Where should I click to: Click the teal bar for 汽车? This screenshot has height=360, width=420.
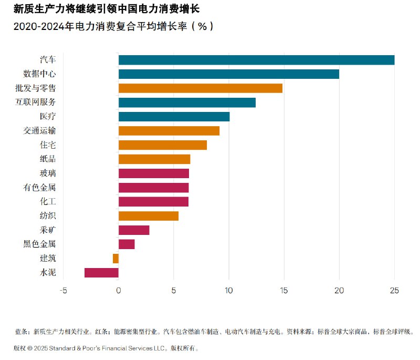(256, 60)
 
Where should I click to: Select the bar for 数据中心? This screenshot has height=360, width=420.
(228, 74)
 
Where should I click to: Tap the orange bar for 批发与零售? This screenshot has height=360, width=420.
(200, 88)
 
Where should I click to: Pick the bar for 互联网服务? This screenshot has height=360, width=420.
(187, 102)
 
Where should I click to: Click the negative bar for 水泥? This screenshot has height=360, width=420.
(101, 272)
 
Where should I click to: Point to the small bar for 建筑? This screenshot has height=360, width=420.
(115, 258)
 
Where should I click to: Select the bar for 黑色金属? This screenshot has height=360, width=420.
(127, 244)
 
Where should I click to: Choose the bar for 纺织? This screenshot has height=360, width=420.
(149, 215)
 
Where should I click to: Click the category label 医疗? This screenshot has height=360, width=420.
(48, 117)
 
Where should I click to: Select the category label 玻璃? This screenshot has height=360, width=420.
(48, 173)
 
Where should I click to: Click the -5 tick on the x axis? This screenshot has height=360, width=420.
(63, 291)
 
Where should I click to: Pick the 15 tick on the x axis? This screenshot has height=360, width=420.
(284, 291)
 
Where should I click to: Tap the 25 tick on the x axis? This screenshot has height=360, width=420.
(394, 291)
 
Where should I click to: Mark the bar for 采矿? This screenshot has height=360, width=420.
(134, 230)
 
